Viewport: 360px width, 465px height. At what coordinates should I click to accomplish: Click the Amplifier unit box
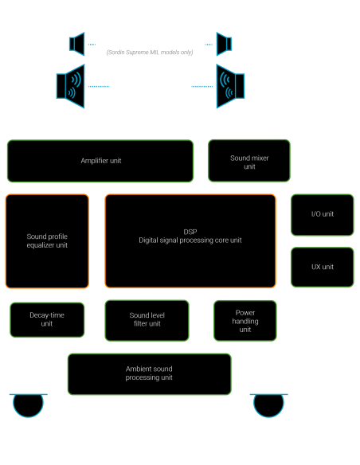(x=100, y=160)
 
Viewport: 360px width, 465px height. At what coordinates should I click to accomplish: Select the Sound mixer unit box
(x=248, y=162)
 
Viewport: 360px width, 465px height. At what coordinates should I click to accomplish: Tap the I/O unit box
(x=322, y=214)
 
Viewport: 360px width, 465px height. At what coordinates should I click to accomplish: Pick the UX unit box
(x=322, y=266)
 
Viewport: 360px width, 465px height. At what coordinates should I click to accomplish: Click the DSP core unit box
(x=190, y=240)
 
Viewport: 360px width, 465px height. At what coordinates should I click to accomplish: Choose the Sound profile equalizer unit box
(x=47, y=240)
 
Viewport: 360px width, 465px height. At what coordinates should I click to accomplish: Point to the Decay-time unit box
(x=47, y=319)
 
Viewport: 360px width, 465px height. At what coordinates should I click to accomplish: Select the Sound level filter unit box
(x=147, y=319)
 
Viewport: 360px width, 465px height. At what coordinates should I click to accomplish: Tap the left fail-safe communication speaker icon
(x=76, y=42)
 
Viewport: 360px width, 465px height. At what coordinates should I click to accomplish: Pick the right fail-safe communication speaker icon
(x=224, y=42)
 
